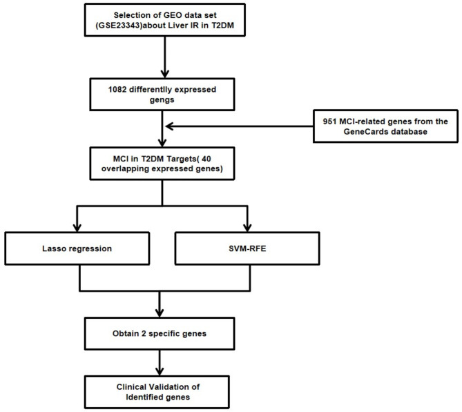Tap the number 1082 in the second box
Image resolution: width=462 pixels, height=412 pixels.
click(117, 89)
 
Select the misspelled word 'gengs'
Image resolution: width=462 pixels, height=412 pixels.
click(162, 100)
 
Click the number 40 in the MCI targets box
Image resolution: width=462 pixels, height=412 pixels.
click(206, 159)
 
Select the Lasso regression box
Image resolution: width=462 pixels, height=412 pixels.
click(77, 248)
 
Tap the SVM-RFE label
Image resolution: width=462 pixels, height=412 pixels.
click(247, 248)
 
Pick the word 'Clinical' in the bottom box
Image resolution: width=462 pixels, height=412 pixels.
click(131, 386)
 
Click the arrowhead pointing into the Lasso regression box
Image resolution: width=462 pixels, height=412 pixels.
click(77, 228)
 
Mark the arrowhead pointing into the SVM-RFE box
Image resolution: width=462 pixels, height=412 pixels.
click(247, 228)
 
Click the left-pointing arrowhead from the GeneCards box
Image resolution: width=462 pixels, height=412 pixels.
click(169, 126)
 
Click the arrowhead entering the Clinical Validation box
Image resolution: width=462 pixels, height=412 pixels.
click(160, 371)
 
